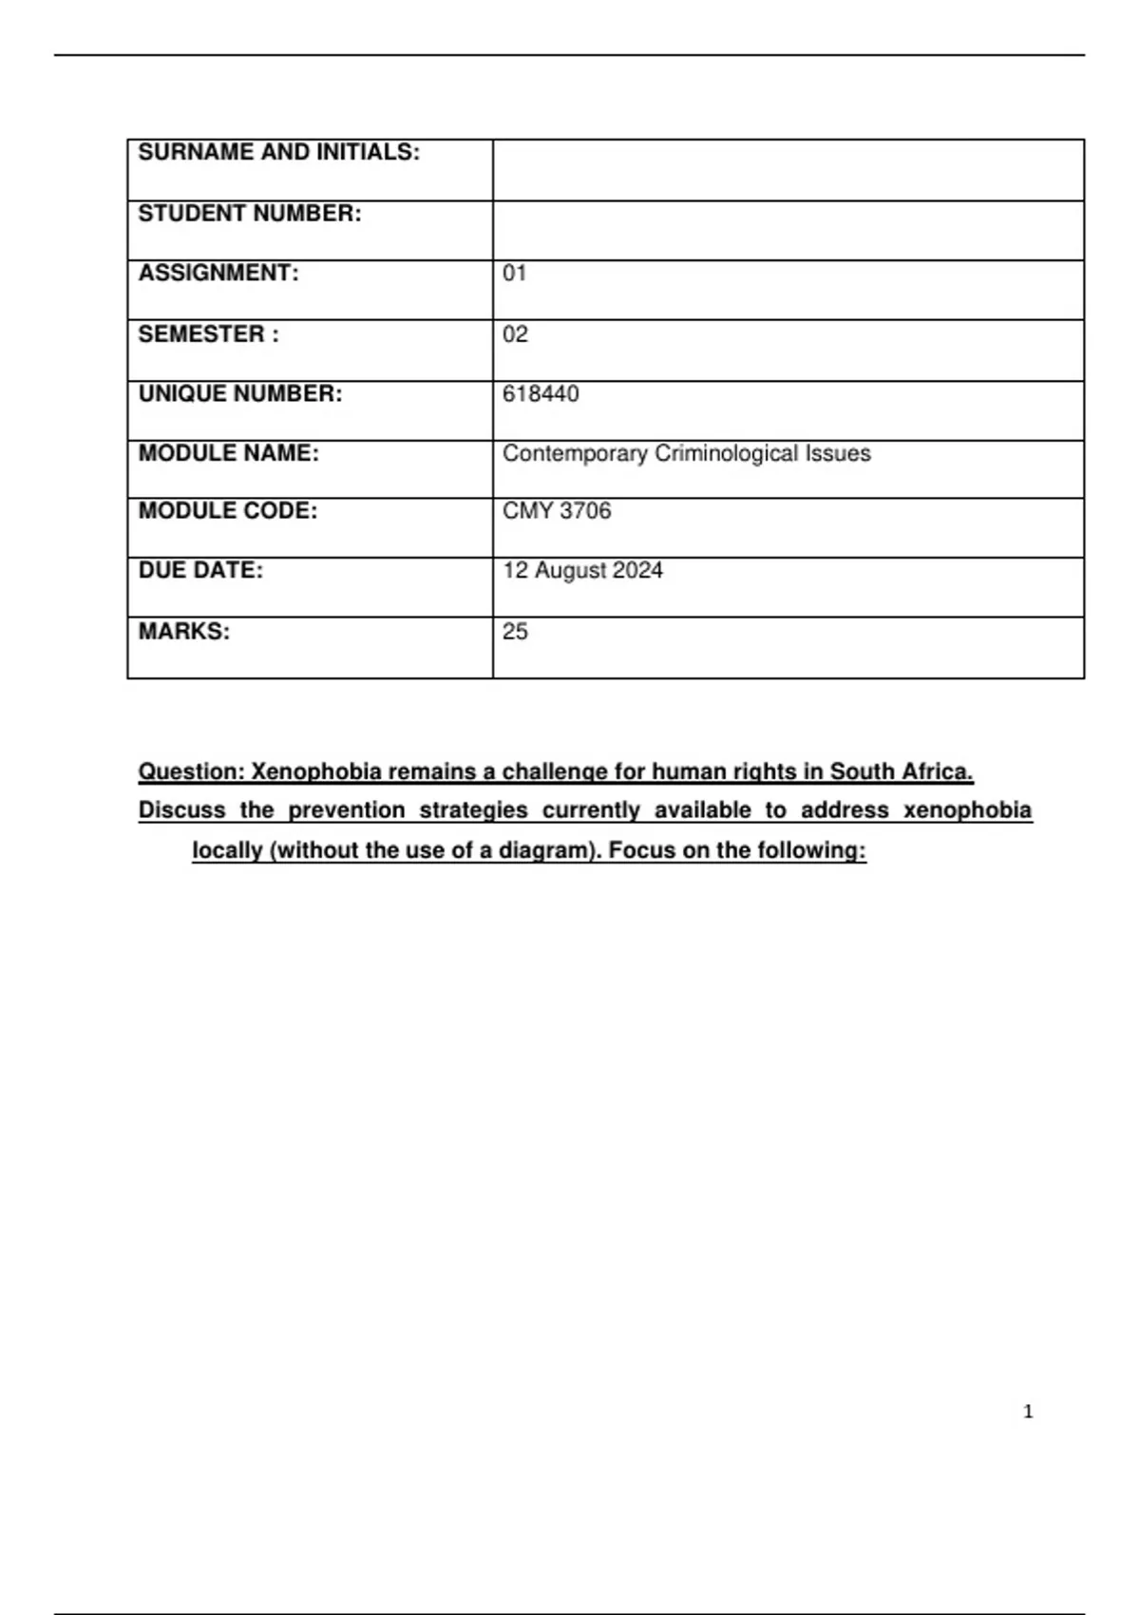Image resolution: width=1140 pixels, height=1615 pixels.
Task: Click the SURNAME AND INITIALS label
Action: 278,153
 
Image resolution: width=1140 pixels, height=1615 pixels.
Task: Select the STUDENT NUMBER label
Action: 250,214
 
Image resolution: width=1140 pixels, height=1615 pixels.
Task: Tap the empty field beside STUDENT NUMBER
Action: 788,230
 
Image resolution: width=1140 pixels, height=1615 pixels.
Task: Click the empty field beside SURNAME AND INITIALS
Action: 788,170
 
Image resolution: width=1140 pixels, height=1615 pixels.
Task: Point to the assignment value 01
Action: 514,274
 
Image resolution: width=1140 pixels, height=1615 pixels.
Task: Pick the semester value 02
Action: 515,334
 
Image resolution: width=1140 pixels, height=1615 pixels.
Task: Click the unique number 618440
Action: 541,394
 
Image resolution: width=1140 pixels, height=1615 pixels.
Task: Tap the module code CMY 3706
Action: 557,511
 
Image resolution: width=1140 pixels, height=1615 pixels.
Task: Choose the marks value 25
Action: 515,632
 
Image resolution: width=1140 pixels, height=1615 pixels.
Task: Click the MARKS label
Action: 184,632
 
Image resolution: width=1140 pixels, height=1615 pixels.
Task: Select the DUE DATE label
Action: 200,571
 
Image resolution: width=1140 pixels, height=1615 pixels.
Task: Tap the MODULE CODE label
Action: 228,511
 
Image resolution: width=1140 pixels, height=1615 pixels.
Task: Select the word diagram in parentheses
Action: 544,851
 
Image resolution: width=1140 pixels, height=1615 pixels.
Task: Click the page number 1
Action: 1028,1413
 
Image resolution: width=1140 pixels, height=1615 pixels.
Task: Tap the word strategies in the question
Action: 473,811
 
